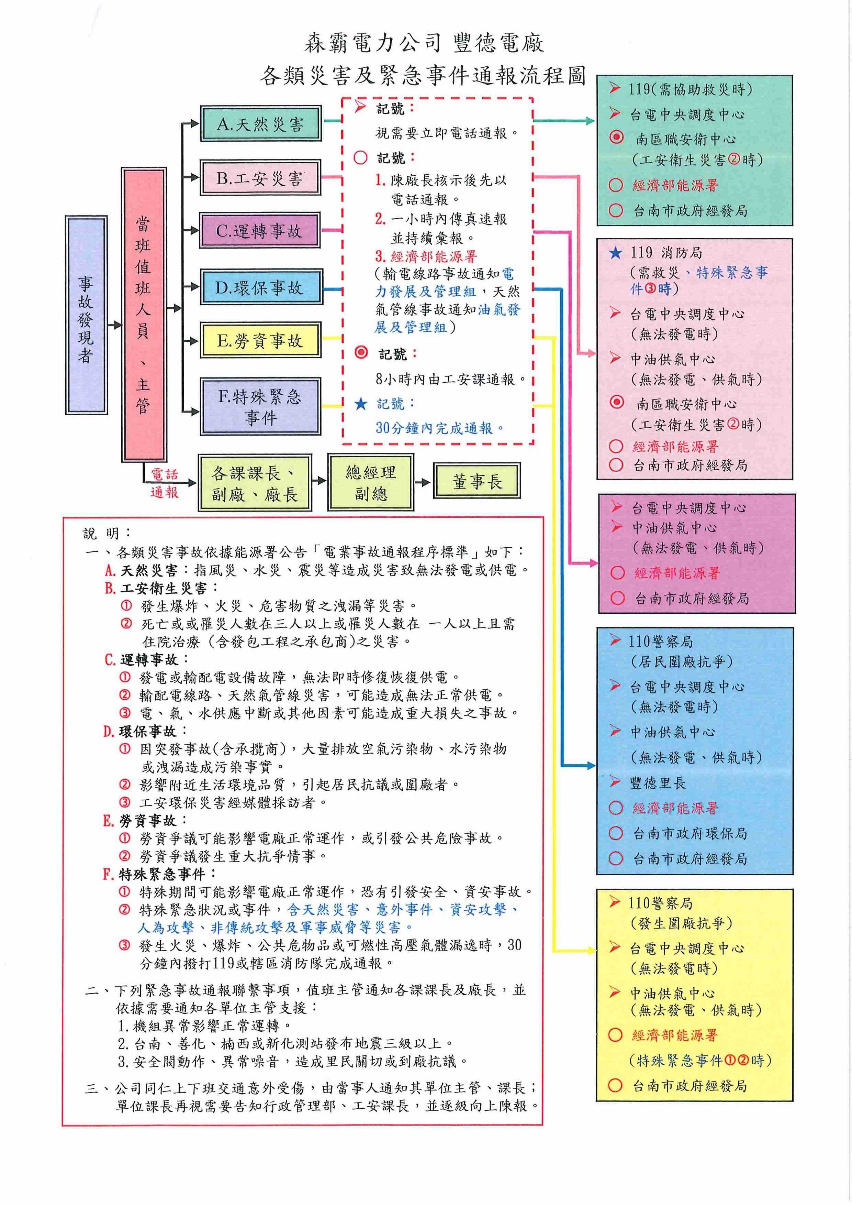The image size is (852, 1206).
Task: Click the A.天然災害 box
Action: coord(260,124)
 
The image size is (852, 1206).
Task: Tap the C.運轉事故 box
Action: coord(260,231)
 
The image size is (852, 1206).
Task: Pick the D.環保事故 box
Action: coord(261,287)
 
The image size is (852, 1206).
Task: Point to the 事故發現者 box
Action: coord(86,315)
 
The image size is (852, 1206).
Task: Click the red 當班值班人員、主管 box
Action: coord(144,315)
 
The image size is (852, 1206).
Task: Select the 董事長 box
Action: coord(477,481)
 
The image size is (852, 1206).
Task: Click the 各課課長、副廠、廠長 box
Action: coord(255,483)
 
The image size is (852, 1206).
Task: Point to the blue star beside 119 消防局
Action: coord(616,253)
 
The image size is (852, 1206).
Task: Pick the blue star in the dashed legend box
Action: coord(361,403)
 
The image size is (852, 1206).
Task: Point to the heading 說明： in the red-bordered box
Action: coord(107,533)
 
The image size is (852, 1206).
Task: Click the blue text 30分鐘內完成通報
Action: coord(439,428)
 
